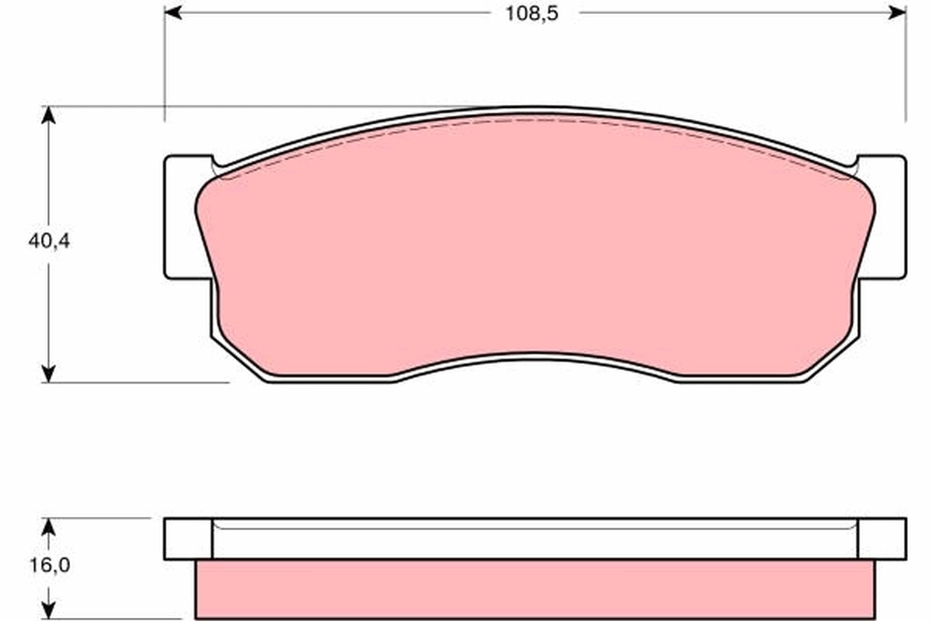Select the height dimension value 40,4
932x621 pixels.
pos(49,241)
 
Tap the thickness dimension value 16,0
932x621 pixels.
pos(49,566)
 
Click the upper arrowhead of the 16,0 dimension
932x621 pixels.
pos(49,527)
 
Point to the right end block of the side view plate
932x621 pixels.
pos(882,539)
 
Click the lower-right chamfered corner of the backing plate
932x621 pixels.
pos(835,362)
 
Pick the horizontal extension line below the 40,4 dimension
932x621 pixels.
pos(140,382)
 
